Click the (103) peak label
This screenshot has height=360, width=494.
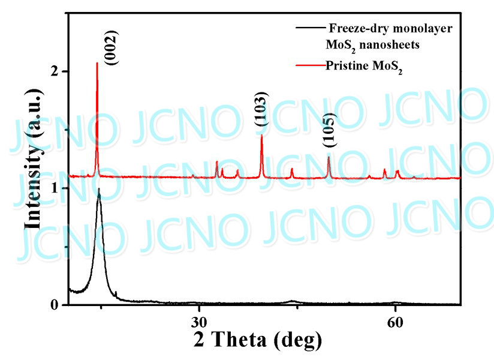(x=262, y=109)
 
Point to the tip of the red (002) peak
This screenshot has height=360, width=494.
(x=97, y=62)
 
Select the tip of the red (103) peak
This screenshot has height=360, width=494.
(x=261, y=135)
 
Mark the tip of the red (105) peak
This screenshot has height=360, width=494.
(x=329, y=157)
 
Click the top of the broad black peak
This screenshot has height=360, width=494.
(x=99, y=189)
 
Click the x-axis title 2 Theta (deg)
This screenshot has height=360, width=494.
(x=258, y=340)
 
